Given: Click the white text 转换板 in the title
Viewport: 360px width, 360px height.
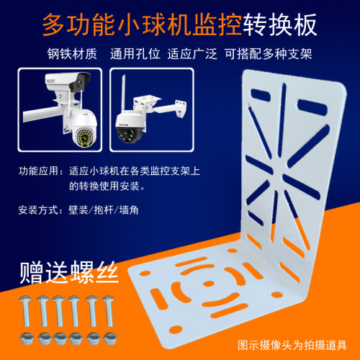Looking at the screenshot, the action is coord(280,25).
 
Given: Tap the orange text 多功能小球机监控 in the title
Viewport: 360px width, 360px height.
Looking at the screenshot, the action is coord(142,25).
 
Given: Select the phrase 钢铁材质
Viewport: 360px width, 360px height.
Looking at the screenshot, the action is coord(72,53).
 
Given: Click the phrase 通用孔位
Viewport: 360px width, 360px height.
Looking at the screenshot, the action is coord(135,53).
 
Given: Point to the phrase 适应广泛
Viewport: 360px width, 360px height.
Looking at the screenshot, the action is coord(192,53).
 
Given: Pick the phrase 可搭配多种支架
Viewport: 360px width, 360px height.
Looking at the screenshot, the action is coord(269,53).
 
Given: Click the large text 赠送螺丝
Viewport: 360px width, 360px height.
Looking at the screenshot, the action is coord(69,272).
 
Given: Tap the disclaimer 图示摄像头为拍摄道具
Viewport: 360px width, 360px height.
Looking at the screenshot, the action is coord(292,346).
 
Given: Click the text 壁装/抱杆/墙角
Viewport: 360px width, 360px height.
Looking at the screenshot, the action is coord(104,210).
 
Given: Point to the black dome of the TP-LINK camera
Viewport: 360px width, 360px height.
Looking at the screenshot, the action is coord(128,135).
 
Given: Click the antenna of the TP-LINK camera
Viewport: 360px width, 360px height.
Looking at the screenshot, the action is coord(124,94).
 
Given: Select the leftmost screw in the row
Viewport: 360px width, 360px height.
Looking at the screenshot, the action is coord(25,311).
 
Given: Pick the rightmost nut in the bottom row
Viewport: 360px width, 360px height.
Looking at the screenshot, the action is coord(110,338).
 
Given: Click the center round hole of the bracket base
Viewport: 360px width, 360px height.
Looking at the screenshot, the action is coord(208,284).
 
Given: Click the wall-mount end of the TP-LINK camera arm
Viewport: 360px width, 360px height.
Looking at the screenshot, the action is coord(181,109).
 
